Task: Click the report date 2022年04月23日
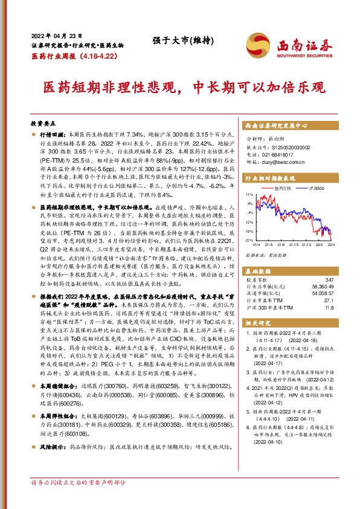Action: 56,34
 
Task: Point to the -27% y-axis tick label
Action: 248,240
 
